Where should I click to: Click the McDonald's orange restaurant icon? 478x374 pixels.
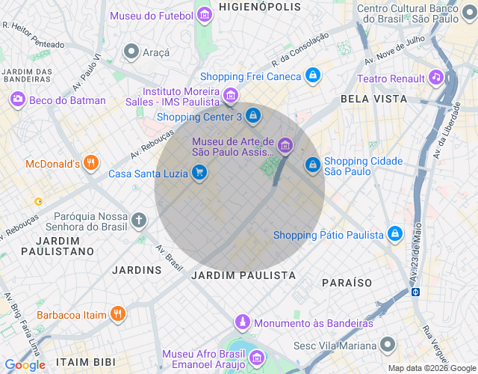pyautogui.click(x=91, y=163)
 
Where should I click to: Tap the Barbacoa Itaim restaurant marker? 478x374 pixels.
pyautogui.click(x=117, y=314)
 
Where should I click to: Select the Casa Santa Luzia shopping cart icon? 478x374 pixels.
pyautogui.click(x=199, y=173)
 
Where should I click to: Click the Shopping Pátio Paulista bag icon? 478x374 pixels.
pyautogui.click(x=395, y=234)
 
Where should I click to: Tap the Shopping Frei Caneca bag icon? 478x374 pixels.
pyautogui.click(x=313, y=76)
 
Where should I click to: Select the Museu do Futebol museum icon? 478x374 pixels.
pyautogui.click(x=204, y=14)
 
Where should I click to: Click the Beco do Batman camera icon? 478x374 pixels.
pyautogui.click(x=17, y=99)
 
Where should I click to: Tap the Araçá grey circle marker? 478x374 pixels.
pyautogui.click(x=131, y=52)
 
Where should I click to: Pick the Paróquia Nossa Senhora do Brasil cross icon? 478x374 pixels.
pyautogui.click(x=138, y=220)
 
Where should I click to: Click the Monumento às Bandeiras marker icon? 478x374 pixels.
pyautogui.click(x=242, y=322)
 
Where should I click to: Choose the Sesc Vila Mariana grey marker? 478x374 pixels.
pyautogui.click(x=387, y=345)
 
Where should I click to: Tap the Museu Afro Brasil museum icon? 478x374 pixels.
pyautogui.click(x=256, y=357)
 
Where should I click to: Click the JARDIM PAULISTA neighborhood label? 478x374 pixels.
pyautogui.click(x=243, y=275)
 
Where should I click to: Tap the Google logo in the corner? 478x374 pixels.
pyautogui.click(x=25, y=365)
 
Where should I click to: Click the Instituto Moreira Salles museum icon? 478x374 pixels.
pyautogui.click(x=231, y=96)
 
